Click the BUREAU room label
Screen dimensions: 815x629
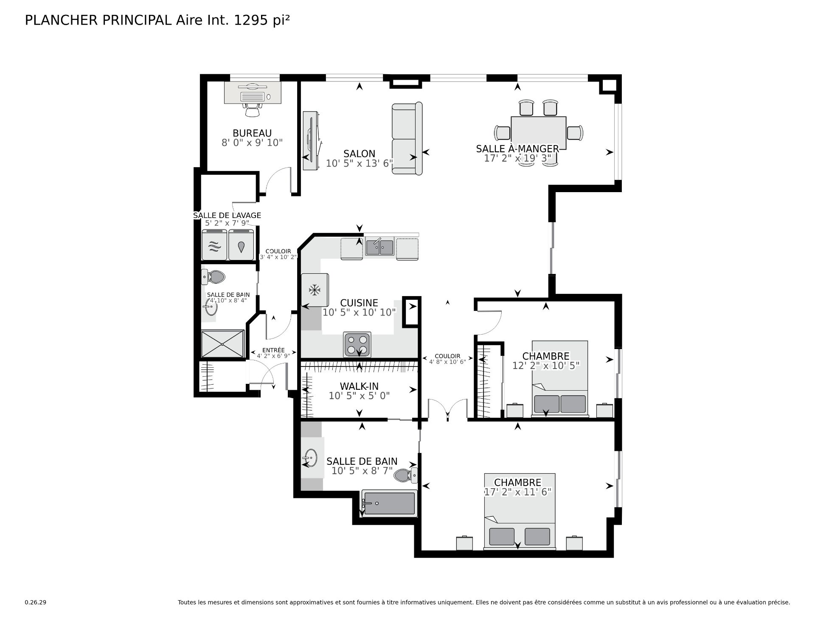click(x=252, y=133)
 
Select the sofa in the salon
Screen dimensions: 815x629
click(x=407, y=138)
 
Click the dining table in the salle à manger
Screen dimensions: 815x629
click(x=539, y=132)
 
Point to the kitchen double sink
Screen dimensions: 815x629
click(x=380, y=247)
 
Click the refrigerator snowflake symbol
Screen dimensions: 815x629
click(x=314, y=291)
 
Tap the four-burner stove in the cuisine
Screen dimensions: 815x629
click(x=357, y=345)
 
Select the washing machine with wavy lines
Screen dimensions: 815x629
click(x=215, y=245)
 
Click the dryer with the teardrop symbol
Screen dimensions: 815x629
click(x=241, y=245)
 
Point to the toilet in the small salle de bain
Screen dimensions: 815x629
click(x=213, y=277)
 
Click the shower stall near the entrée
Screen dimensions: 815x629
click(x=223, y=344)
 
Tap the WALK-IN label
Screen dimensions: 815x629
click(x=359, y=386)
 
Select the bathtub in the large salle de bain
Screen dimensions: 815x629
click(x=389, y=503)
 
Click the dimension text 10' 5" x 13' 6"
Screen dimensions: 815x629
click(x=360, y=163)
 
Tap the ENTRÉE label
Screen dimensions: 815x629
click(x=273, y=350)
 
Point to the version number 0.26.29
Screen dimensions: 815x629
click(x=35, y=602)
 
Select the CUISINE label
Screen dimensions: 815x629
click(x=359, y=303)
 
